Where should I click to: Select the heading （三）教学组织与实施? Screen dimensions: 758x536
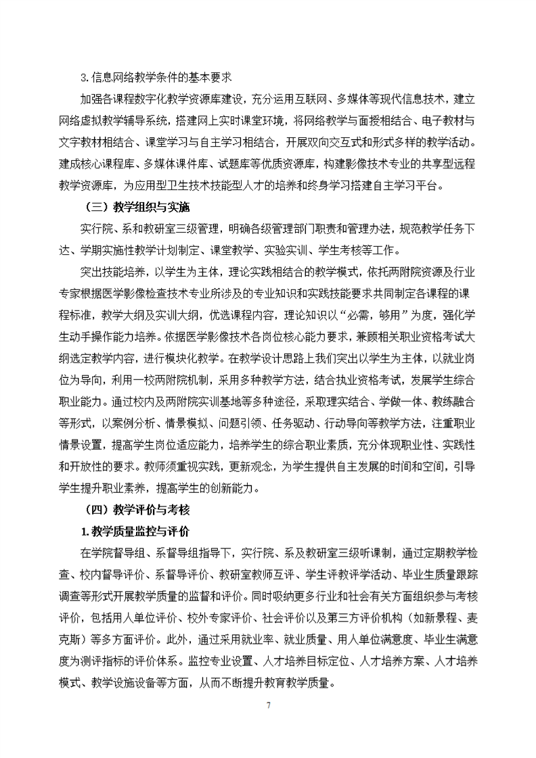click(134, 207)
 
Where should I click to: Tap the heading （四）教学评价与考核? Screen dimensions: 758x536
click(134, 509)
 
